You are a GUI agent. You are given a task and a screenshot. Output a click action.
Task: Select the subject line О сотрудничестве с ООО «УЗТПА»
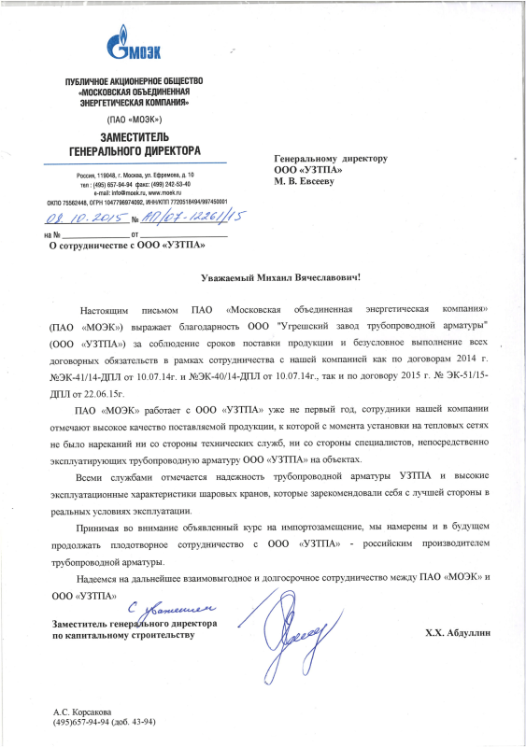pos(128,246)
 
